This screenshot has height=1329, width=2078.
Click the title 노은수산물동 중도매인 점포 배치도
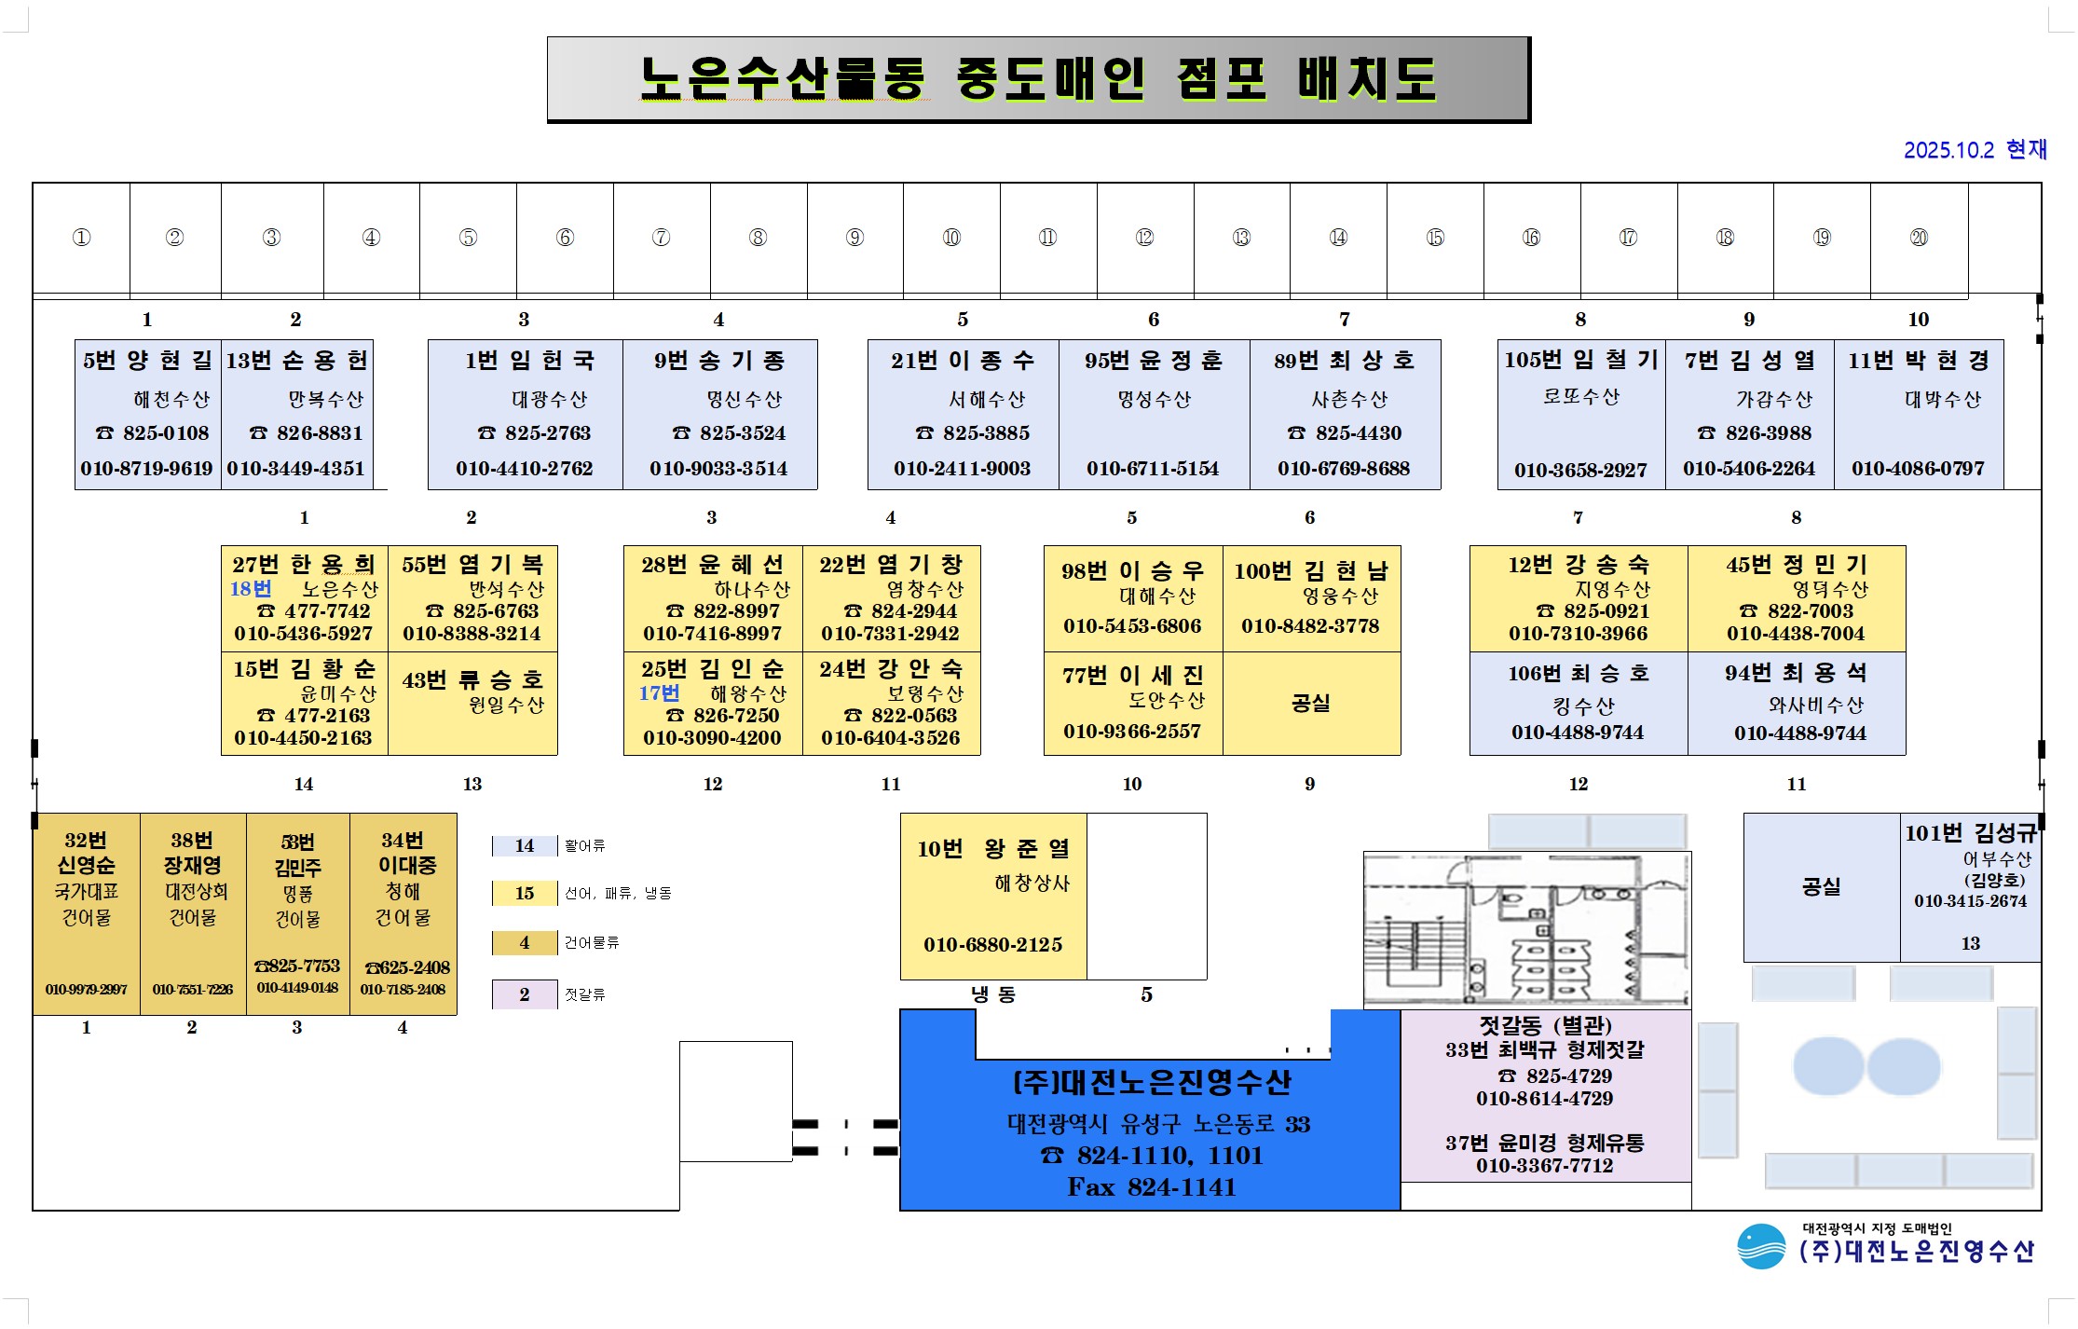pyautogui.click(x=1038, y=79)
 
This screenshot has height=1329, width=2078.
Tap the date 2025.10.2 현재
pyautogui.click(x=1975, y=150)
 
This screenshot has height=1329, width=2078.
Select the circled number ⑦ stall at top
pyautogui.click(x=661, y=238)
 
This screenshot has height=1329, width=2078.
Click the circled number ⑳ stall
pyautogui.click(x=1918, y=238)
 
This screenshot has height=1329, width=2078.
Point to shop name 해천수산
pyautogui.click(x=171, y=400)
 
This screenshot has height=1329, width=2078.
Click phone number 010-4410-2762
pyautogui.click(x=524, y=469)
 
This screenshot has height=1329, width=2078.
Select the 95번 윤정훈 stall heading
pyautogui.click(x=1153, y=361)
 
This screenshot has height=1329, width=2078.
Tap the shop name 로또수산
pyautogui.click(x=1581, y=397)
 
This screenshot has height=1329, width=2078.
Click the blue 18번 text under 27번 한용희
pyautogui.click(x=251, y=589)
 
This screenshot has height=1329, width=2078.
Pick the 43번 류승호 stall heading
pyautogui.click(x=472, y=680)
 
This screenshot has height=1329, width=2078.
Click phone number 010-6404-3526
pyautogui.click(x=890, y=738)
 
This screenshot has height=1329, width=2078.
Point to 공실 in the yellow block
pyautogui.click(x=1310, y=703)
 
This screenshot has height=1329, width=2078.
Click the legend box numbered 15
pyautogui.click(x=524, y=894)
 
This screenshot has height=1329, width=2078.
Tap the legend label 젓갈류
pyautogui.click(x=585, y=994)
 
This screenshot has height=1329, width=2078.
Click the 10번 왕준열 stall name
pyautogui.click(x=992, y=849)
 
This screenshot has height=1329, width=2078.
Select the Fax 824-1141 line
pyautogui.click(x=1151, y=1187)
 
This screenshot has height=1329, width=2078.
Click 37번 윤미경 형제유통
pyautogui.click(x=1544, y=1144)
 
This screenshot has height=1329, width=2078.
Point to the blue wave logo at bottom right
pyautogui.click(x=1760, y=1247)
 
